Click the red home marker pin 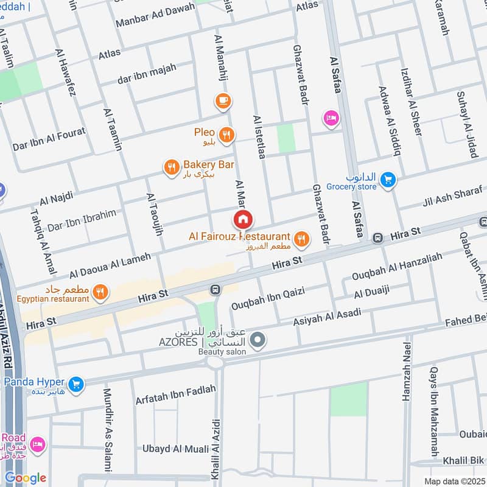tap(242, 219)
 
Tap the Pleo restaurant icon tap(226, 135)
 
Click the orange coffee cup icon tap(223, 100)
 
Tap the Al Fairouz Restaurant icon tap(301, 240)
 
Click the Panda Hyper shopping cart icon tap(75, 384)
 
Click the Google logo tap(26, 478)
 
